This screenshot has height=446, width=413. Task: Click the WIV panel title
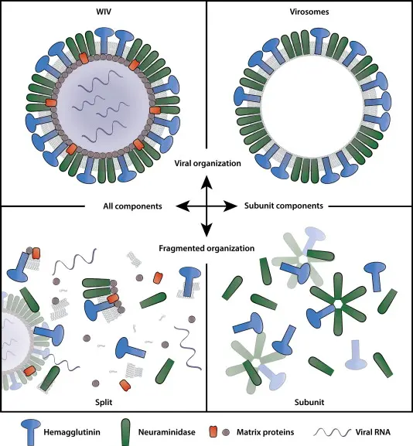pos(104,12)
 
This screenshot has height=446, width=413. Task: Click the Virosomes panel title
pos(309,12)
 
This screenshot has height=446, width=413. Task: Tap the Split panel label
pos(104,402)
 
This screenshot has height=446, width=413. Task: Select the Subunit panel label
pos(309,402)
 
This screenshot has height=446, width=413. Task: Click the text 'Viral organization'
pos(207,164)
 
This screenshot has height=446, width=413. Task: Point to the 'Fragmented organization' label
pos(206,248)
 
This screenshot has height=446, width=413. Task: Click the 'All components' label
pos(132,206)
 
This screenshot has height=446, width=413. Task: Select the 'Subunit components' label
pos(284,206)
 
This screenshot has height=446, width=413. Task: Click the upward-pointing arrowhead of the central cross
pos(206,182)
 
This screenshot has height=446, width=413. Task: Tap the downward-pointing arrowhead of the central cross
pos(206,230)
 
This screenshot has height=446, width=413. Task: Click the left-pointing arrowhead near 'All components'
pos(183,206)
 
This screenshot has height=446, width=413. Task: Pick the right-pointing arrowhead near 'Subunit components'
pos(230,206)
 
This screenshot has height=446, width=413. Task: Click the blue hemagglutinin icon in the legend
pos(30,432)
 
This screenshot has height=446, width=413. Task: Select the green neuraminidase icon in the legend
pos(125,432)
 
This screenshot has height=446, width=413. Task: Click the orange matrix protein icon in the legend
pos(213,432)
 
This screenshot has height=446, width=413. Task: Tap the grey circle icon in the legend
pos(226,432)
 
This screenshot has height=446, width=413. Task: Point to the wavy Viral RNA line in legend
pos(332,432)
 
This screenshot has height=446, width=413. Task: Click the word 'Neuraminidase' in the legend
pos(167,432)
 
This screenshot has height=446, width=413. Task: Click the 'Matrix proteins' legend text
pos(265,432)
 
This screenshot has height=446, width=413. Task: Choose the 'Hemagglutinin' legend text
pos(72,432)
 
